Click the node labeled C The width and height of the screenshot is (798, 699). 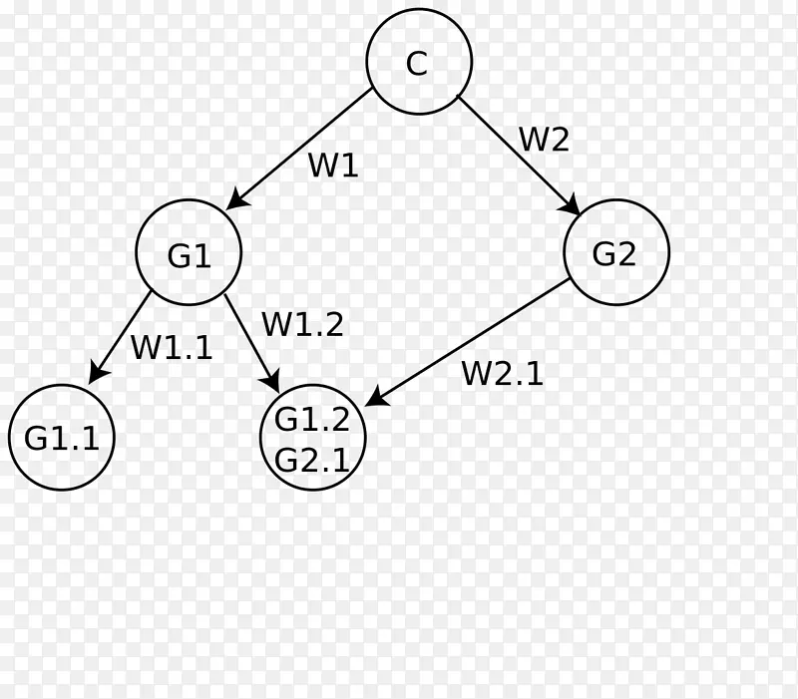tap(419, 62)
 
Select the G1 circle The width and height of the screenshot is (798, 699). tap(189, 252)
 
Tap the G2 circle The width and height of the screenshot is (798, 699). tap(615, 252)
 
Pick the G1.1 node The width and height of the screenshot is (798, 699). tap(62, 437)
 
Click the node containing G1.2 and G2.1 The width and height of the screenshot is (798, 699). tap(313, 437)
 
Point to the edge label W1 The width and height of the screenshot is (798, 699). tap(332, 165)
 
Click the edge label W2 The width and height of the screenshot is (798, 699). tap(544, 140)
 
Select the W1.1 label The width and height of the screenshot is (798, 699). tap(172, 347)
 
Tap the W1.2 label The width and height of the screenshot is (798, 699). tap(302, 324)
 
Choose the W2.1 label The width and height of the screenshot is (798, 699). tap(502, 373)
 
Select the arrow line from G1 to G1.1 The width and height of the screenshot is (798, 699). tap(123, 334)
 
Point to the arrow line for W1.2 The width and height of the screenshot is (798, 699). tap(249, 339)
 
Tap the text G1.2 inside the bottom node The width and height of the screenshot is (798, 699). tap(312, 420)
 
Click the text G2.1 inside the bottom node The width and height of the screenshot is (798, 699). tap(312, 460)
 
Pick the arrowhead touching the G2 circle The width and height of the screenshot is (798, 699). tap(572, 205)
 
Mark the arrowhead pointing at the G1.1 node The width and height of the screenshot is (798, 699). tap(97, 374)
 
